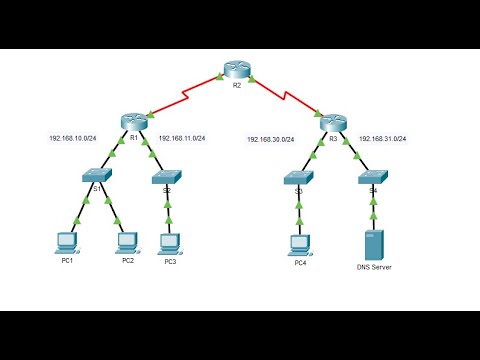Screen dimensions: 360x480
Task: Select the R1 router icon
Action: (131, 121)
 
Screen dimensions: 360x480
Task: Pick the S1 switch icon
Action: (99, 176)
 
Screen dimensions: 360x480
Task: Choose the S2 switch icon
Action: (167, 177)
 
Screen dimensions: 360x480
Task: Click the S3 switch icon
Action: (299, 177)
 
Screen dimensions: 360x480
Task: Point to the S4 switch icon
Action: (373, 177)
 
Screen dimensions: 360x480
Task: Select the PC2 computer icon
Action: (127, 241)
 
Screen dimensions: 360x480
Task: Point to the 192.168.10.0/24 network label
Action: (73, 139)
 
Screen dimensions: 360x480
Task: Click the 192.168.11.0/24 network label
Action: (183, 139)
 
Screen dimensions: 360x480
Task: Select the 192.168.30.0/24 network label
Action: (271, 139)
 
